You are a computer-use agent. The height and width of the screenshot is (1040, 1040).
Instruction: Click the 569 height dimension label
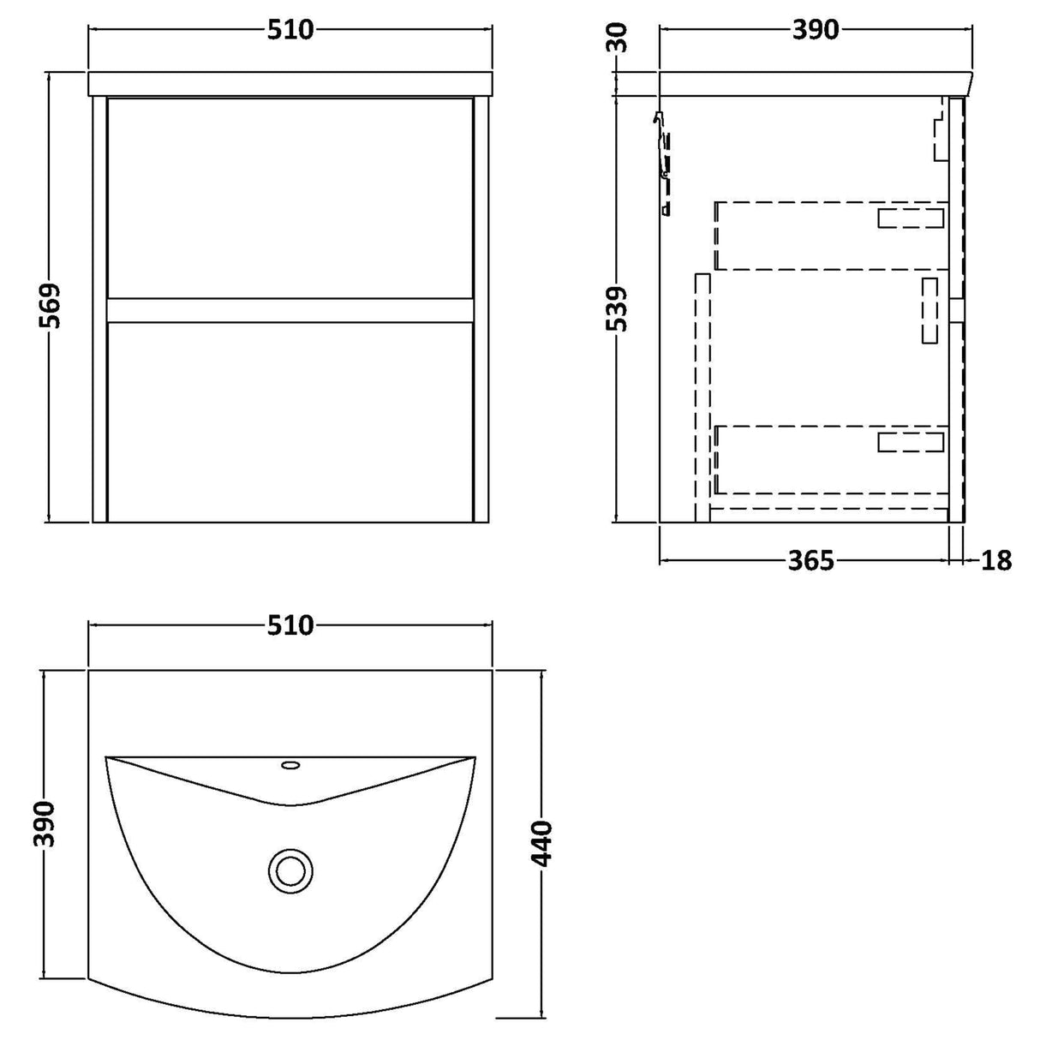(51, 306)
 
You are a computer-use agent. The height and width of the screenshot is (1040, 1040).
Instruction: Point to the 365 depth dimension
(811, 561)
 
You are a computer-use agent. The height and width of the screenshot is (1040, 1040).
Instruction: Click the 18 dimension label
(996, 561)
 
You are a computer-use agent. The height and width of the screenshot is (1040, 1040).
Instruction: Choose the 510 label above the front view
(290, 30)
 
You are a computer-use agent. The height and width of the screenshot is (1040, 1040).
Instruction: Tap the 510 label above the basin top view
(290, 625)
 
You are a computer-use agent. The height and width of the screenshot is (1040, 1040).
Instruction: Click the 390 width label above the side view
(816, 30)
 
